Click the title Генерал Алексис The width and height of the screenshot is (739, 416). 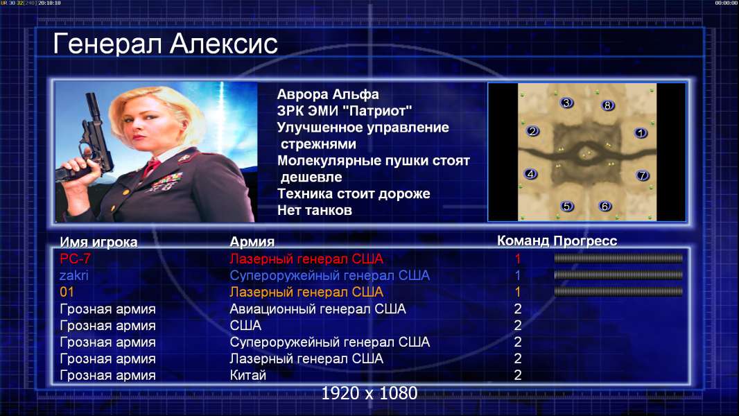coord(165,44)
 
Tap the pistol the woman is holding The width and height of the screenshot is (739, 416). coord(89,141)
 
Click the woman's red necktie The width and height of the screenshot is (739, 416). coord(151,167)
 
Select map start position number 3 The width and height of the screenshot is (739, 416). coord(566,103)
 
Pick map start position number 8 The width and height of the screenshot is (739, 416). coord(607,105)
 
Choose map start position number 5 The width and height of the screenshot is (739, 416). coord(567,206)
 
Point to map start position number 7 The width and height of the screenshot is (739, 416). coord(642,175)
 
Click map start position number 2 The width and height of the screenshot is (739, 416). coord(532,131)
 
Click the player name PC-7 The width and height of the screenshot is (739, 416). coord(75,259)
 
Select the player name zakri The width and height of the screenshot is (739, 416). coord(73,275)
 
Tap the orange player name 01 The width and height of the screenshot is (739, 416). coord(67,292)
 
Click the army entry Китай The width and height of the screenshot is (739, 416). coord(248,375)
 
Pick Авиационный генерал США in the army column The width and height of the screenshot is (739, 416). coord(318,309)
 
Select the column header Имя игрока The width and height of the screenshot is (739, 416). coord(98,242)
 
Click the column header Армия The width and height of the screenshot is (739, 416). coord(252,242)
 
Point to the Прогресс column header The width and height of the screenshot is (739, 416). coord(585,241)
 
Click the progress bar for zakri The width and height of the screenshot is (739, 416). coord(618,275)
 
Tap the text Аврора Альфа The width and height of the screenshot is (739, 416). coord(327,94)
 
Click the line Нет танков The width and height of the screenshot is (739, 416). coord(314,210)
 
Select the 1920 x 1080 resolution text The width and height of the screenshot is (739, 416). coord(369,393)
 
